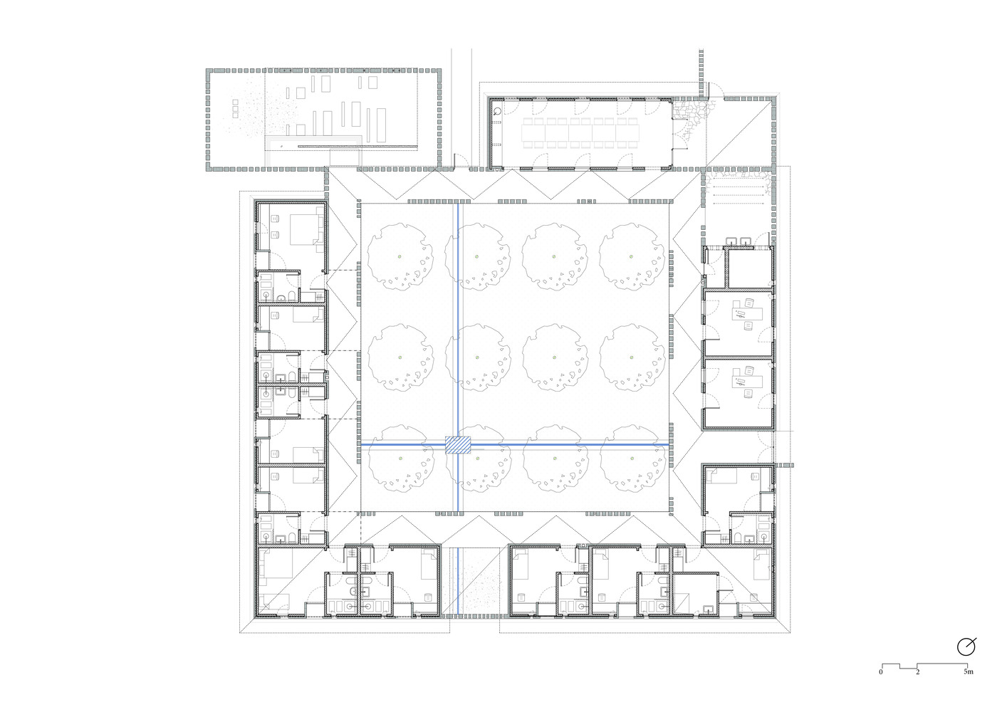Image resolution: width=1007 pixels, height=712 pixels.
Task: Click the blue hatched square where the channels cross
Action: click(x=458, y=444)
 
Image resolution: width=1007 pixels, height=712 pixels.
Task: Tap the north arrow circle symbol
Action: click(x=966, y=647)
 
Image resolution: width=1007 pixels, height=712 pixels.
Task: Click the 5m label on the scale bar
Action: click(x=969, y=671)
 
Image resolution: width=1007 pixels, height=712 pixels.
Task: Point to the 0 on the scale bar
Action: click(x=881, y=672)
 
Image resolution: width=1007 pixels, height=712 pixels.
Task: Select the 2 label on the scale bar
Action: click(x=917, y=672)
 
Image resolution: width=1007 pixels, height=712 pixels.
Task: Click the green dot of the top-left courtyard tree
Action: click(x=400, y=256)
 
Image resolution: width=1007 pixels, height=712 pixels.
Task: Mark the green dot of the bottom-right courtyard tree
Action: click(x=632, y=459)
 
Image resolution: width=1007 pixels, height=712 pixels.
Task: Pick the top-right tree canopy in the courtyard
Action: click(x=632, y=256)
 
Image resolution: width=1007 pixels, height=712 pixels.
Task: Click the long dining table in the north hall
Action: click(x=580, y=132)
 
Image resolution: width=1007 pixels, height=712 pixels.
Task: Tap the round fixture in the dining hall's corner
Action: click(x=497, y=111)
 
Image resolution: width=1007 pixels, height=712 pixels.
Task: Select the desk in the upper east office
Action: click(x=747, y=313)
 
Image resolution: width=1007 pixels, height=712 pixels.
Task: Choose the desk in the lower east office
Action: click(x=747, y=382)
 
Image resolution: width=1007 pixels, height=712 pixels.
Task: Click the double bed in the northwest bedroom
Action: click(x=306, y=229)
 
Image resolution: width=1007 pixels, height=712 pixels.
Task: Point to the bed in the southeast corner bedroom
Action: click(x=761, y=564)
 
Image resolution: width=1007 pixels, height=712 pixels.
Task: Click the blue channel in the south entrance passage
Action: click(x=458, y=580)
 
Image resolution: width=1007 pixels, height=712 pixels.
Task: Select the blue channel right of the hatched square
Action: click(x=570, y=444)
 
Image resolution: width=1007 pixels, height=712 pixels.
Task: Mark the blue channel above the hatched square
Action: click(x=458, y=320)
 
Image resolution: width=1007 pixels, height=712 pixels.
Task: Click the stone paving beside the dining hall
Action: click(x=692, y=120)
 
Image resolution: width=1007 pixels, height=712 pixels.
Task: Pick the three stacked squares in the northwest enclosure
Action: click(x=235, y=109)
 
